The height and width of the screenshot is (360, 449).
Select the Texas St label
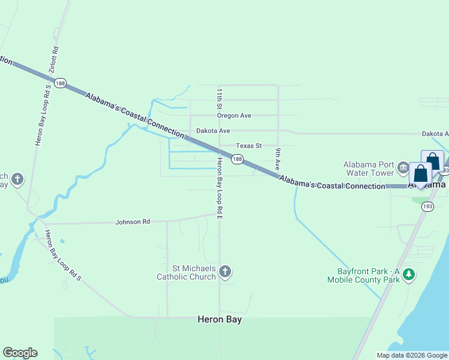(x=249, y=145)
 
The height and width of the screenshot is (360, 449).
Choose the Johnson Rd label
(x=133, y=222)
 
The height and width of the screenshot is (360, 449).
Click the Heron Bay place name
(x=220, y=320)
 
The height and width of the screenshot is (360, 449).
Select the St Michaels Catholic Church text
(x=186, y=272)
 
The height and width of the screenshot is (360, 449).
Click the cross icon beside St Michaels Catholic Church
(x=225, y=272)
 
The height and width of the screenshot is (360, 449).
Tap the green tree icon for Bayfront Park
(x=409, y=274)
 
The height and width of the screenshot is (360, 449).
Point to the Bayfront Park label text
(x=363, y=275)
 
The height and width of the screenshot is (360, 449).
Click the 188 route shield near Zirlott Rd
(x=60, y=84)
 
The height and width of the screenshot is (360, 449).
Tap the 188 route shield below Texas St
(x=238, y=159)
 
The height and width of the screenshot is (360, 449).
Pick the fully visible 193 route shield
(x=427, y=206)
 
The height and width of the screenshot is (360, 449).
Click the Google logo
(x=20, y=353)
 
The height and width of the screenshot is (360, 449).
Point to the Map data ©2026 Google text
(x=411, y=355)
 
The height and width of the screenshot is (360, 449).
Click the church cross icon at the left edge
(x=18, y=178)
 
